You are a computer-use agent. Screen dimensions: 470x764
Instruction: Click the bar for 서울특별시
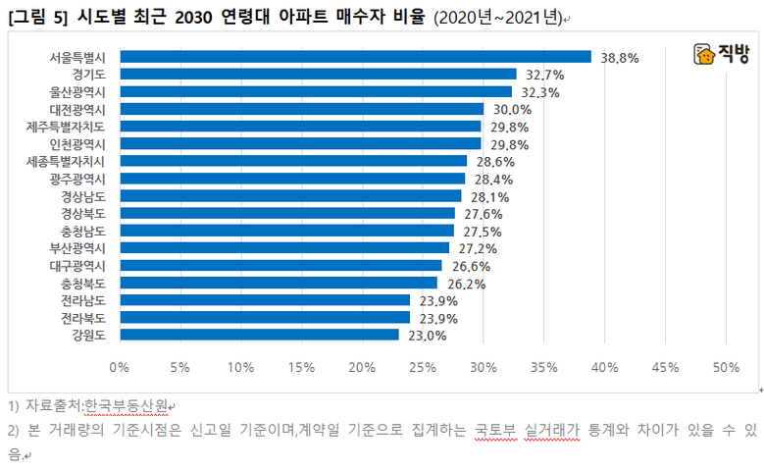(x=355, y=57)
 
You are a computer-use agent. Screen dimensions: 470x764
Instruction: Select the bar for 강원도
(x=260, y=335)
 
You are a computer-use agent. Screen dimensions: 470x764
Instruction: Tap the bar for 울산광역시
(x=316, y=91)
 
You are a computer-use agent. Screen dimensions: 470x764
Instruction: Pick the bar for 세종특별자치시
(x=293, y=161)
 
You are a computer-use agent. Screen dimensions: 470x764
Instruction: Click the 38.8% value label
(x=620, y=58)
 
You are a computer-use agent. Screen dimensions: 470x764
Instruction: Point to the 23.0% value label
(x=428, y=336)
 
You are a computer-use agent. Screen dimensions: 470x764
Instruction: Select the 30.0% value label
(x=512, y=109)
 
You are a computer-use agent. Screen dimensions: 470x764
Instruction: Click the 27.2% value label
(x=478, y=248)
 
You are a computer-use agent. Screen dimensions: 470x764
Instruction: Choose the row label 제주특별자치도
(x=74, y=127)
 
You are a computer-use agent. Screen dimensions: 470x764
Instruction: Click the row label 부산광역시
(x=83, y=248)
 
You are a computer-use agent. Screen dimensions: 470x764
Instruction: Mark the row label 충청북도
(x=89, y=283)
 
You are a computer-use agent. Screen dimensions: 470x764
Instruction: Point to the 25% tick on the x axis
(x=423, y=367)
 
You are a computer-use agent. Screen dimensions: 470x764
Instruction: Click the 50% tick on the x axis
(x=726, y=367)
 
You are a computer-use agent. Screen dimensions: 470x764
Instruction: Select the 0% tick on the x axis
(x=120, y=367)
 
